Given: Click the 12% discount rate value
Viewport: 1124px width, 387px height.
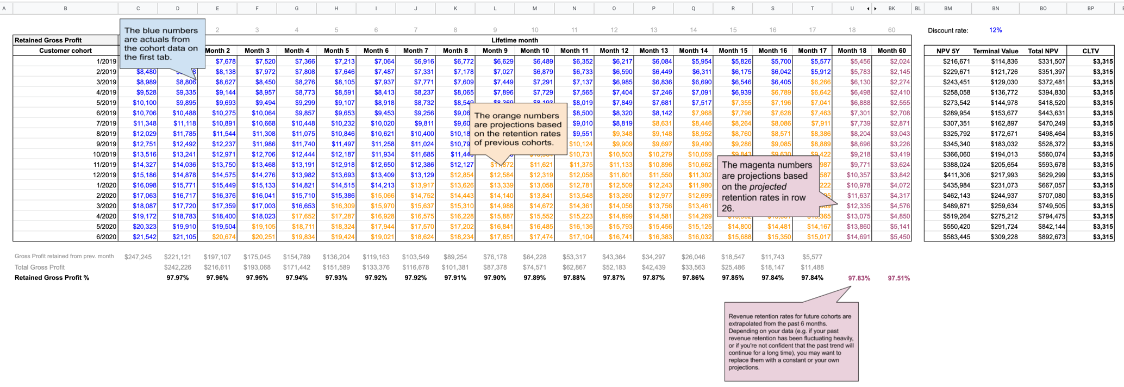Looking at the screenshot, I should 995,30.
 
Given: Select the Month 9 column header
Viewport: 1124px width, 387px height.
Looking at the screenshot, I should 495,51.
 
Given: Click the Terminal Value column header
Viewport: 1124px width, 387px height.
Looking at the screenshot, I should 995,51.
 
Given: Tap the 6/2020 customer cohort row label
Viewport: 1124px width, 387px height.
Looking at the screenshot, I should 106,237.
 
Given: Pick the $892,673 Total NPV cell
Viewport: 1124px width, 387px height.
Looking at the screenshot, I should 1042,237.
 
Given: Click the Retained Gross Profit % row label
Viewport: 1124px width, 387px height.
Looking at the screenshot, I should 52,278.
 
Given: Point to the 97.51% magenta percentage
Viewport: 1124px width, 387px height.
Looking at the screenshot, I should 898,278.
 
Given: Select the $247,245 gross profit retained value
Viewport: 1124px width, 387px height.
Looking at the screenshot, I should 138,257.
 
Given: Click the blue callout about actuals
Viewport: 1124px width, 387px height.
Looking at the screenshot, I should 162,43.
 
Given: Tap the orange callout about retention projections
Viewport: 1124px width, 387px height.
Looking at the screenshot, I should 517,129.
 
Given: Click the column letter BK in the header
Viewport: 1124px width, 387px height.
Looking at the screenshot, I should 891,8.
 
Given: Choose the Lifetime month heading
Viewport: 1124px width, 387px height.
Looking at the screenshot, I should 514,40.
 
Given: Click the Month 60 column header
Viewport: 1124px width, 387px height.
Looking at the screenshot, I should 891,51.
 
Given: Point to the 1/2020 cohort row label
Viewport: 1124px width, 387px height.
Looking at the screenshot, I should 106,185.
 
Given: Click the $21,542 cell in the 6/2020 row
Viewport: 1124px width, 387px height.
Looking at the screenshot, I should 145,237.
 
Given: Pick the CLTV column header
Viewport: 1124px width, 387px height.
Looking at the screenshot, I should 1090,51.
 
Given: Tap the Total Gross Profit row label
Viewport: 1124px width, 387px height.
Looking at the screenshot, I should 40,267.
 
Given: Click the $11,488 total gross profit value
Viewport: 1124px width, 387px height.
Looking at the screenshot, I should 812,267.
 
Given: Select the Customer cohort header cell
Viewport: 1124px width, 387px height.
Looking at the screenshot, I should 65,51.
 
